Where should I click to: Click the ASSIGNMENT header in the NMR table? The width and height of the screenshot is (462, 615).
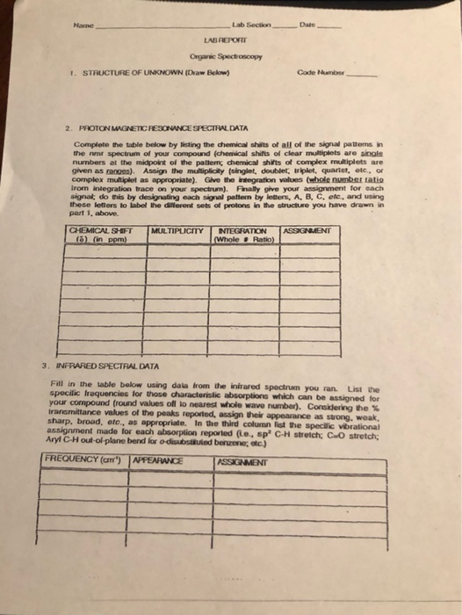click(x=308, y=230)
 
